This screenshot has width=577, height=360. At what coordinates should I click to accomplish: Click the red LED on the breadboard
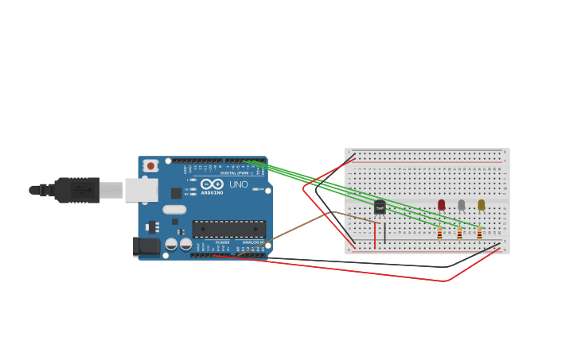coord(442,204)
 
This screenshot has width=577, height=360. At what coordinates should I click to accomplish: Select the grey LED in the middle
coord(462,204)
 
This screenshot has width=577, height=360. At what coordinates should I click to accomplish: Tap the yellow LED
coord(481,204)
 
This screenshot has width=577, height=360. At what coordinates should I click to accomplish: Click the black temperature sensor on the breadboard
coord(380,207)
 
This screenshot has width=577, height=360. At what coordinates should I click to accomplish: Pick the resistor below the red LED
coord(439,234)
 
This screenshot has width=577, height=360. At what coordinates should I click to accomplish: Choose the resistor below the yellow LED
coord(479,234)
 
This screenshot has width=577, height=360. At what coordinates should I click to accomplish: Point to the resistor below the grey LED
coord(459,234)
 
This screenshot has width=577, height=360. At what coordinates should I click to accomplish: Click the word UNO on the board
coord(239,184)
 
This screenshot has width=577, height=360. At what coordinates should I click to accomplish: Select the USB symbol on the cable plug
coord(80,191)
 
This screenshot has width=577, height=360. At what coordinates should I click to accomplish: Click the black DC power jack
coord(147,246)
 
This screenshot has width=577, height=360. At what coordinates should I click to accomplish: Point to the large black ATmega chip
coord(229,229)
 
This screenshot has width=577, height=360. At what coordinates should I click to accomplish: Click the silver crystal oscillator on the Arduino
coord(174,210)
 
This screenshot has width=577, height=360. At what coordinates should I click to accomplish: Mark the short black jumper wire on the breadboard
coord(385,233)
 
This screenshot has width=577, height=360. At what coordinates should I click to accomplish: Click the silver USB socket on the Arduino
coord(141,190)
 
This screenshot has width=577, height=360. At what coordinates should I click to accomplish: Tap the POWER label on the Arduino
coord(222,242)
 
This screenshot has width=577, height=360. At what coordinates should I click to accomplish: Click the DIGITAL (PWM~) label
coord(236,172)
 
